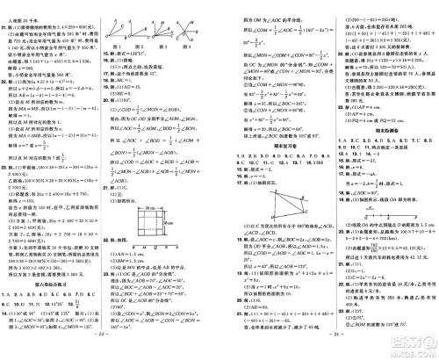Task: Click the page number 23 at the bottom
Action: (109, 353)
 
